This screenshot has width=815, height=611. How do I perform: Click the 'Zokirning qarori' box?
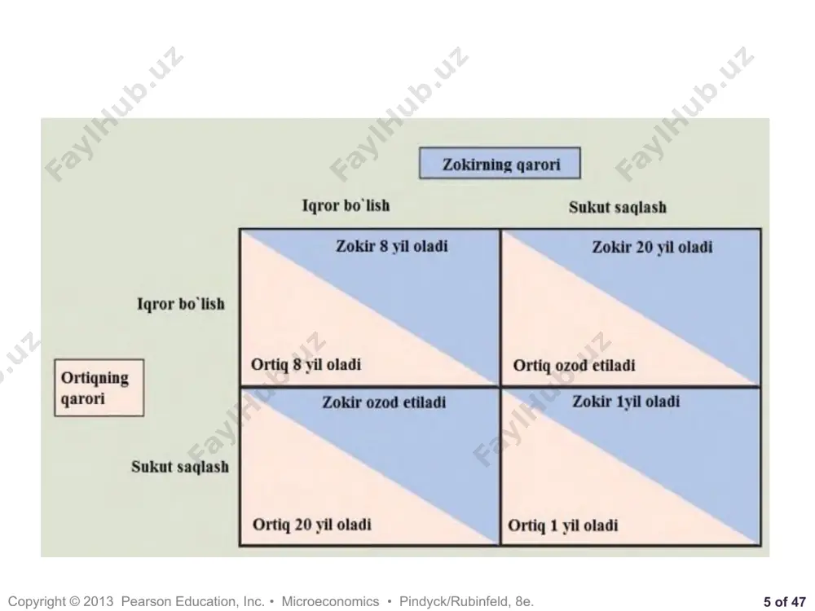[x=500, y=164]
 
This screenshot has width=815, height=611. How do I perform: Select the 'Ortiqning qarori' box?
[x=99, y=388]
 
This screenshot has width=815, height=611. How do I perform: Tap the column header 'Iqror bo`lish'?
[x=346, y=205]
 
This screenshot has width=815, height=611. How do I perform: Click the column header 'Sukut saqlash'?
[x=618, y=207]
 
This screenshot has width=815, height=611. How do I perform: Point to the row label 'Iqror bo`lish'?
[x=181, y=303]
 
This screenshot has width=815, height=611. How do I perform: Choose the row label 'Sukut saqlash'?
[x=180, y=467]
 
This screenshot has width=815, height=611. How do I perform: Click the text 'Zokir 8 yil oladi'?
[x=392, y=246]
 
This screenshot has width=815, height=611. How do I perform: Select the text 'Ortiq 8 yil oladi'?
[x=306, y=364]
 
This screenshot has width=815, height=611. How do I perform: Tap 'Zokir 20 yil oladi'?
[x=652, y=247]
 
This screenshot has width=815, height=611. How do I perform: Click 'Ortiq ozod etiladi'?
[x=574, y=365]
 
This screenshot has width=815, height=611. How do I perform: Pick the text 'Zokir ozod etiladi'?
[x=384, y=402]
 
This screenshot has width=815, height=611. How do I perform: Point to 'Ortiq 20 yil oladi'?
[x=312, y=524]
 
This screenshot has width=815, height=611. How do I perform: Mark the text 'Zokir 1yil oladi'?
[x=626, y=402]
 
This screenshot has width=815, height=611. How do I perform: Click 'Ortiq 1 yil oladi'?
[x=563, y=525]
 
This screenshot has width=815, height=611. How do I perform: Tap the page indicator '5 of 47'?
[x=784, y=601]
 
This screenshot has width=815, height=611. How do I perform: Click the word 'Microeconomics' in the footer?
[x=330, y=601]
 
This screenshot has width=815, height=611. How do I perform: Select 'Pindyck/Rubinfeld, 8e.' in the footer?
[x=466, y=602]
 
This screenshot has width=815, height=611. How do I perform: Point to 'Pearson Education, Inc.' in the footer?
[x=193, y=602]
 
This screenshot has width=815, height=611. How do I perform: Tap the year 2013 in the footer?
[x=98, y=601]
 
